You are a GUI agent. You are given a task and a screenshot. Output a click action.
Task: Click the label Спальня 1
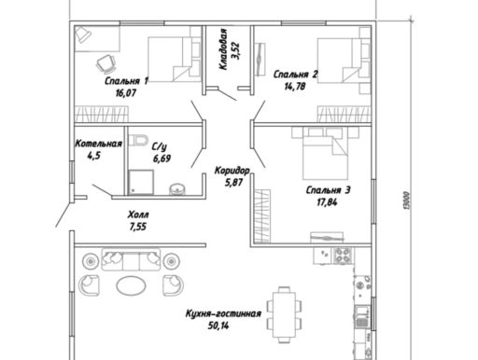[126, 81]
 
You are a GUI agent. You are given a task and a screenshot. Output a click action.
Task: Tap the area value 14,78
[295, 87]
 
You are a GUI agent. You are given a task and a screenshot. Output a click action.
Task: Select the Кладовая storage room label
[223, 49]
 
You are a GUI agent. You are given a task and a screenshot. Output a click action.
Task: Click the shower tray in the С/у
[141, 182]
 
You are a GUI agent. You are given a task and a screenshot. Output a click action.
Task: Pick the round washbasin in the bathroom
[177, 188]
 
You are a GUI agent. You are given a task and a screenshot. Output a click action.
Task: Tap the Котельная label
[98, 144]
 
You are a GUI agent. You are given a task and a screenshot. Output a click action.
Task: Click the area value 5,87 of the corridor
[233, 183]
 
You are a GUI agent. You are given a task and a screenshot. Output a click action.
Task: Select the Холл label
[138, 215]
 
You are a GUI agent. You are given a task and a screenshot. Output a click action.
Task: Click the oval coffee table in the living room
[131, 284]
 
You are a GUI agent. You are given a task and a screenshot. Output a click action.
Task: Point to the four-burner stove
[344, 255]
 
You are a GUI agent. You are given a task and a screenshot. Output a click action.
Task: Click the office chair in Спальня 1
[106, 62]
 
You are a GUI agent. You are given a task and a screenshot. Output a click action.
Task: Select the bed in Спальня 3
[325, 154]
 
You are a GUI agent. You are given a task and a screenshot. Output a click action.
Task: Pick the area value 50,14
[218, 325]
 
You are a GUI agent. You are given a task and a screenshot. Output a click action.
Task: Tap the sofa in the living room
[131, 259]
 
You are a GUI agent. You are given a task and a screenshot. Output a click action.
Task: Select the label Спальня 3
[329, 190]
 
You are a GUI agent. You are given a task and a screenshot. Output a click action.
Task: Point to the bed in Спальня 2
[339, 61]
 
